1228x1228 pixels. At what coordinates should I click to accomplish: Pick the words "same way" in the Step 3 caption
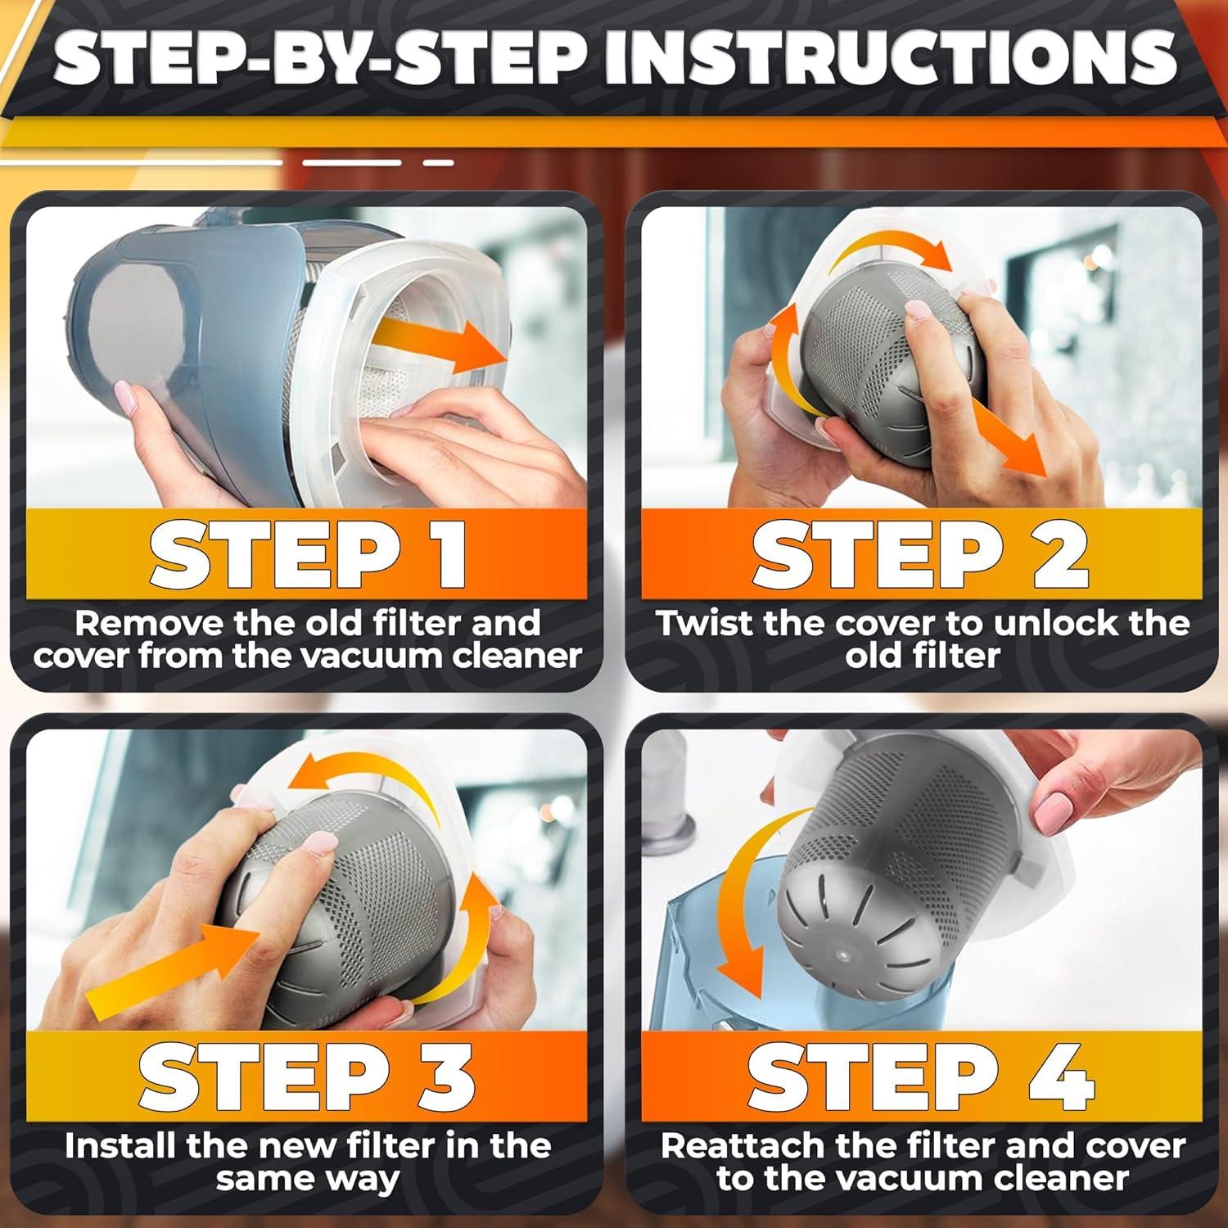pyautogui.click(x=308, y=1180)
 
